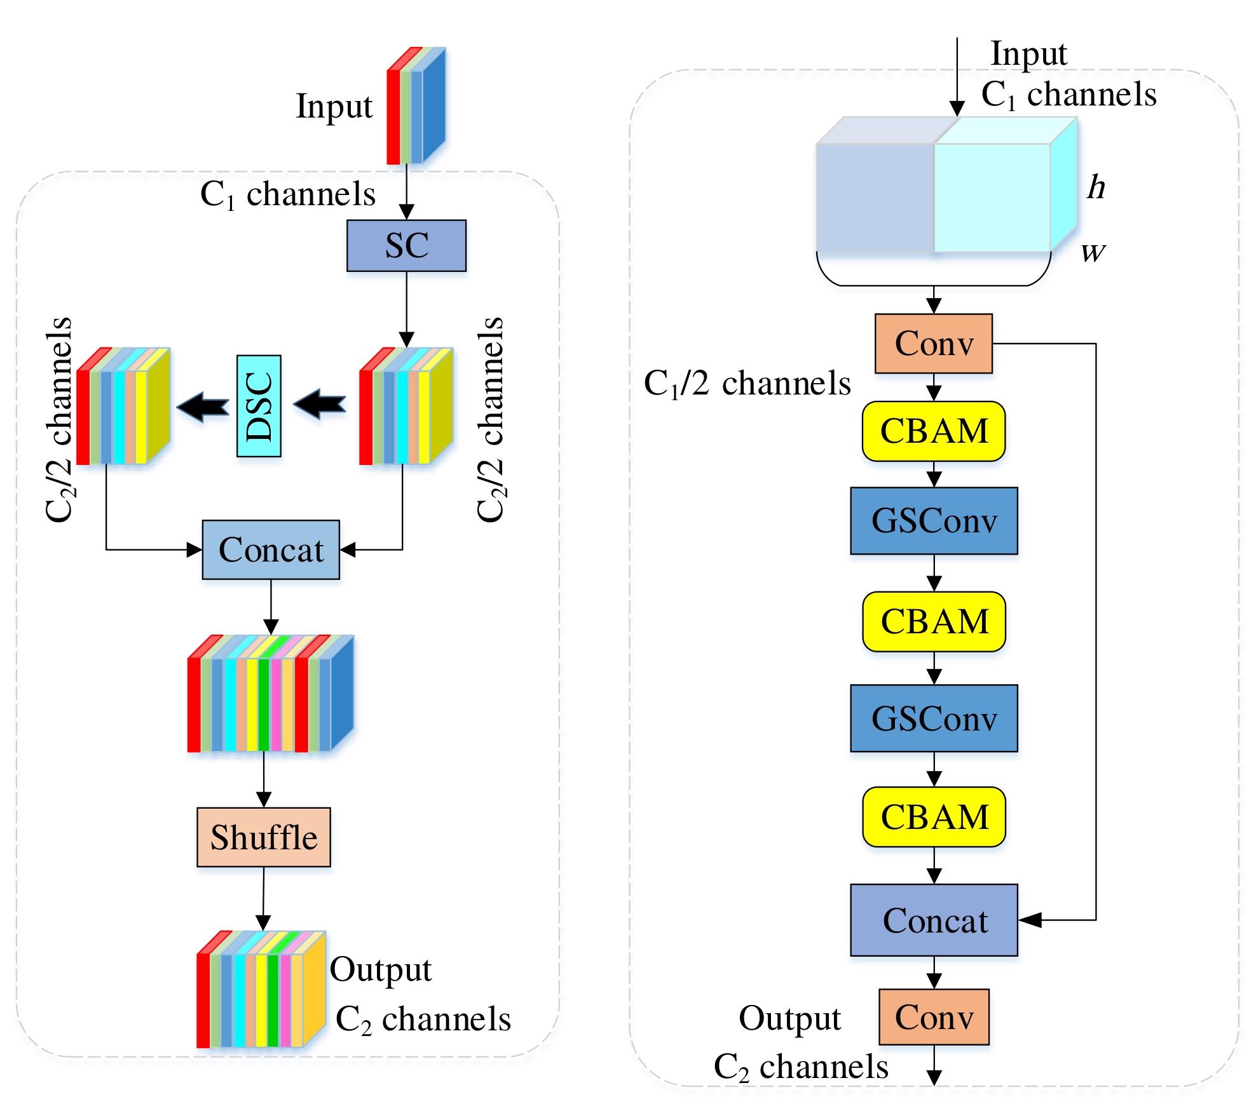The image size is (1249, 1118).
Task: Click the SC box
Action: pyautogui.click(x=406, y=246)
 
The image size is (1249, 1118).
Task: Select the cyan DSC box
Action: pyautogui.click(x=259, y=406)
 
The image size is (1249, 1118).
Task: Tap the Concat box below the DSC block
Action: pyautogui.click(x=271, y=549)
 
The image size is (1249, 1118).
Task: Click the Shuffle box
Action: pyautogui.click(x=264, y=837)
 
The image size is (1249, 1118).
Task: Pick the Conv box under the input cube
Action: pyautogui.click(x=933, y=344)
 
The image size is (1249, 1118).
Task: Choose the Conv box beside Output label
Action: pyautogui.click(x=934, y=1017)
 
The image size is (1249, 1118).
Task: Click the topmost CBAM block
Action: pyautogui.click(x=934, y=431)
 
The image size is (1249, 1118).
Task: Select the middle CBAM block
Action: pyautogui.click(x=934, y=622)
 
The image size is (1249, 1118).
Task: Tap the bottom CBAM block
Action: pyautogui.click(x=934, y=818)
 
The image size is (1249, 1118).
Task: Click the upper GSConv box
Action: pyautogui.click(x=934, y=521)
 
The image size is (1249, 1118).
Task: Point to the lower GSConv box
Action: pyautogui.click(x=934, y=718)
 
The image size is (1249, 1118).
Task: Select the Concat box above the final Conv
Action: pyautogui.click(x=934, y=920)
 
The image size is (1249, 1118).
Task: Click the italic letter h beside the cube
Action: pyautogui.click(x=1095, y=188)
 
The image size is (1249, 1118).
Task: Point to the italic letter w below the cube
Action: pyautogui.click(x=1093, y=253)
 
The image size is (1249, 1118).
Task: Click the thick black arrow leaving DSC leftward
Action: pyautogui.click(x=203, y=405)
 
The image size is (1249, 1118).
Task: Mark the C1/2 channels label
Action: pyautogui.click(x=747, y=384)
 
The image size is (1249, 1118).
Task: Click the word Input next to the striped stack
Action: pyautogui.click(x=334, y=107)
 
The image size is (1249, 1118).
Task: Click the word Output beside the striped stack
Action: pyautogui.click(x=380, y=970)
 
